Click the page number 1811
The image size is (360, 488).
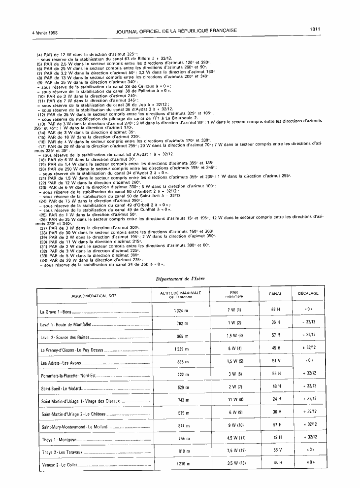315,30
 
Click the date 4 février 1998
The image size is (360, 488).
44,31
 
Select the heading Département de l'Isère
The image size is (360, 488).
180,279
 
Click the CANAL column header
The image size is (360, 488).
275,294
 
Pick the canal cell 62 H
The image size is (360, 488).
275,310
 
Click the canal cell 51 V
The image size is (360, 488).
275,361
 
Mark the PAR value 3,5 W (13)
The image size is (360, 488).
234,463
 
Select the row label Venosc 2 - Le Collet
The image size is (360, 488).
60,464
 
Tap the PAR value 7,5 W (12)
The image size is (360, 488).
234,451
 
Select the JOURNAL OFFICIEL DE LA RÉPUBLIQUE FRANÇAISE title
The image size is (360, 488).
176,31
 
